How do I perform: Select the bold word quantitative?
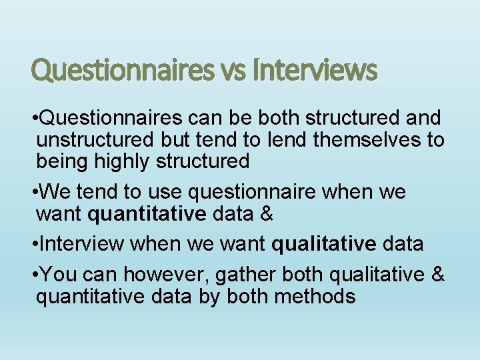[x=147, y=215]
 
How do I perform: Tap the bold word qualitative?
[x=324, y=244]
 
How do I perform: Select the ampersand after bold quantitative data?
[x=266, y=215]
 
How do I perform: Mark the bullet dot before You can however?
[x=35, y=274]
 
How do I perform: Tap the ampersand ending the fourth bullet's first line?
[x=438, y=273]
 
